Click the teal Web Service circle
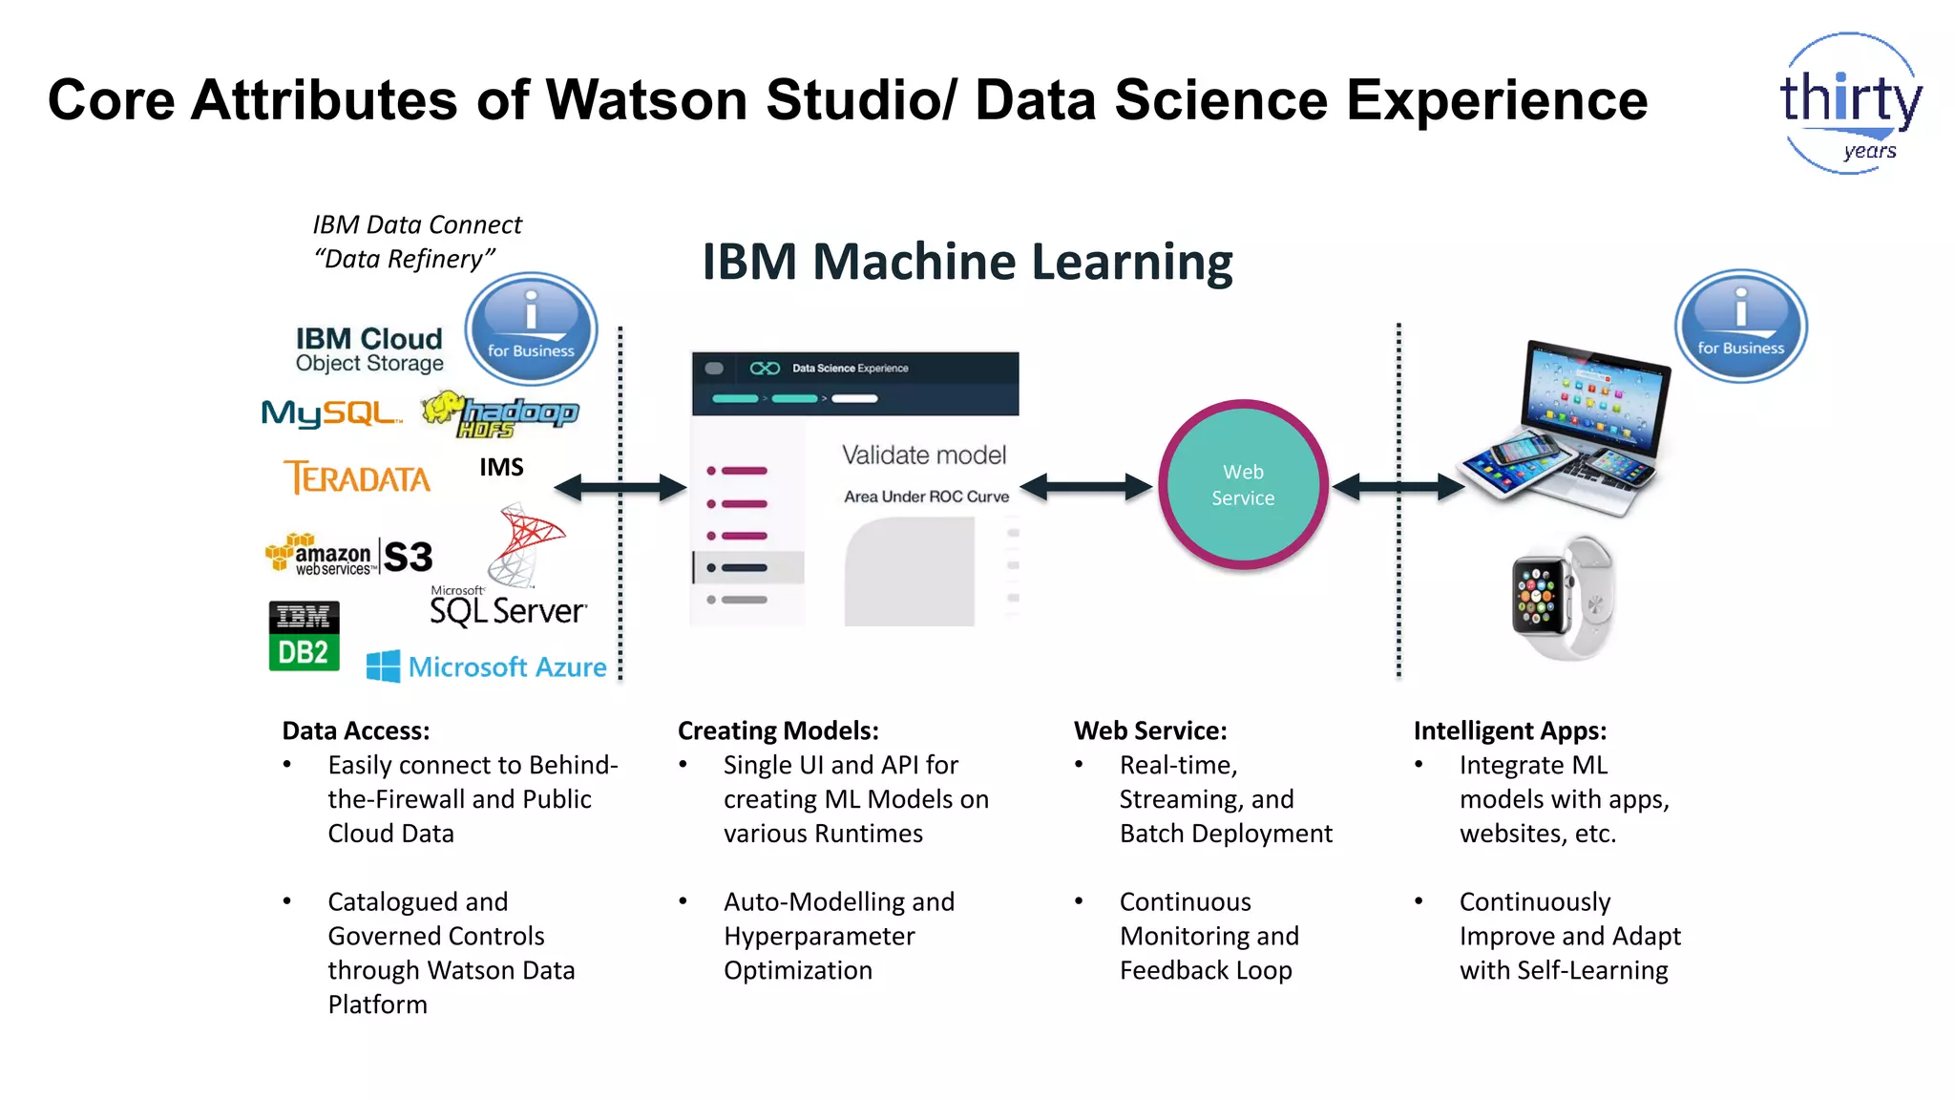click(x=1243, y=485)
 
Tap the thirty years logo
click(x=1850, y=103)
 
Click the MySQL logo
click(x=330, y=413)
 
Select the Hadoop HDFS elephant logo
click(x=501, y=414)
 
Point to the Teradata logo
click(x=357, y=477)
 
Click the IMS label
click(x=501, y=467)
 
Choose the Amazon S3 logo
click(x=348, y=556)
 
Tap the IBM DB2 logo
click(x=304, y=636)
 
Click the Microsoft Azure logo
click(x=487, y=666)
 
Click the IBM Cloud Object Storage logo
click(x=369, y=349)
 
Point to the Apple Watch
click(x=1561, y=598)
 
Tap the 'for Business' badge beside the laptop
click(x=1740, y=327)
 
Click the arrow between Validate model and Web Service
click(x=1086, y=487)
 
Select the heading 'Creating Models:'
click(x=778, y=730)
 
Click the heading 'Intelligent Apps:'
click(x=1509, y=730)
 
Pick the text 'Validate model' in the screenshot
click(x=923, y=455)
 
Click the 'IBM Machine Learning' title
click(x=967, y=262)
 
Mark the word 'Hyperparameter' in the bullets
click(x=819, y=936)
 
